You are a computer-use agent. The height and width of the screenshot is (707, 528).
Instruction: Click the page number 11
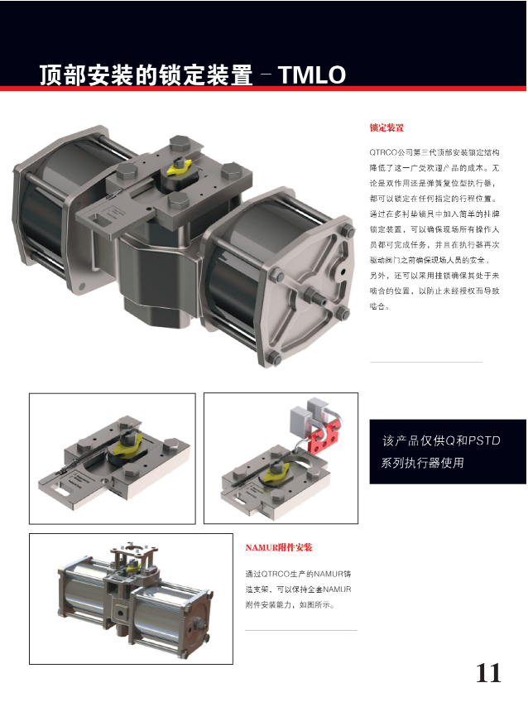click(488, 673)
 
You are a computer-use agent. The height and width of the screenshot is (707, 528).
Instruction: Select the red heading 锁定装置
click(386, 128)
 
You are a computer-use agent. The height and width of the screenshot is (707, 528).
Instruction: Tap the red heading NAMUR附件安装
click(279, 548)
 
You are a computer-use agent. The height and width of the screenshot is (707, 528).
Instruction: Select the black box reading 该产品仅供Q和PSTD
click(448, 451)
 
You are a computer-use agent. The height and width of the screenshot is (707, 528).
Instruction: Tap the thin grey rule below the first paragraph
click(425, 362)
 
